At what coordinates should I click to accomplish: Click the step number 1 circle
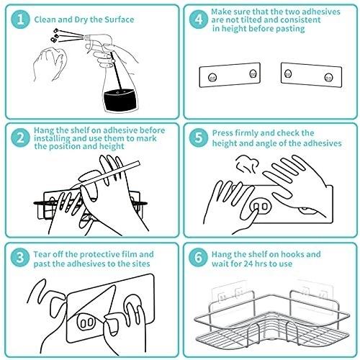coord(20,19)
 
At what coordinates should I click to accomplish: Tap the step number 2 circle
coord(20,138)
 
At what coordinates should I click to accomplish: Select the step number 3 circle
coord(20,257)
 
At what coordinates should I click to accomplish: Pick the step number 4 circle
coord(199,19)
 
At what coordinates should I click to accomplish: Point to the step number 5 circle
coord(199,138)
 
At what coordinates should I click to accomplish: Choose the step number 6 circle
coord(198,257)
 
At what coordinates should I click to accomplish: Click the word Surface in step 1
coord(119,19)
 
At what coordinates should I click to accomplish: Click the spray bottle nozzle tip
coord(85,37)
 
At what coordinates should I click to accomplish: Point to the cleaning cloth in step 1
coord(50,63)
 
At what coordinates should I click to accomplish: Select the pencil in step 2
coord(106,176)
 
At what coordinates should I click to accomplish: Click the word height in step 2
coord(112,146)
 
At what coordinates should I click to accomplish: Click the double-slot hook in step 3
coord(86,323)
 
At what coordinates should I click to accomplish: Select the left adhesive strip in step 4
coord(230,75)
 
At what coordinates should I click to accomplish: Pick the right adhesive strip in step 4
coord(311,75)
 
